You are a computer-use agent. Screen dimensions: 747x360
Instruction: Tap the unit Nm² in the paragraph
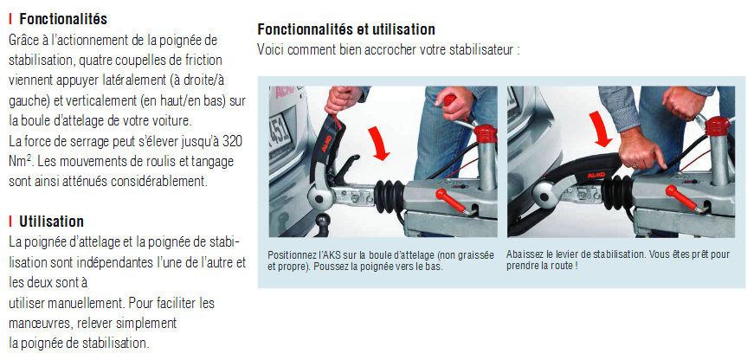(20, 161)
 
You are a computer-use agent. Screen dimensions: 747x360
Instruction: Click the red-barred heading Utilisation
(51, 222)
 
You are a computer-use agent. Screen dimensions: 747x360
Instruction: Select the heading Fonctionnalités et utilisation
(346, 29)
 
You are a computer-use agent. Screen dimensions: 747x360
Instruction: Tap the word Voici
(271, 49)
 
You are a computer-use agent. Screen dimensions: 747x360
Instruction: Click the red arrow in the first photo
(381, 145)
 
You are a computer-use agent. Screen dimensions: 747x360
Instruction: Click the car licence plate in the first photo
(280, 132)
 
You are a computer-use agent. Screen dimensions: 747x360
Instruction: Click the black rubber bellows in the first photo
(390, 196)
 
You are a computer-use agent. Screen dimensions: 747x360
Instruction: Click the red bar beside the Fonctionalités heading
(10, 20)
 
